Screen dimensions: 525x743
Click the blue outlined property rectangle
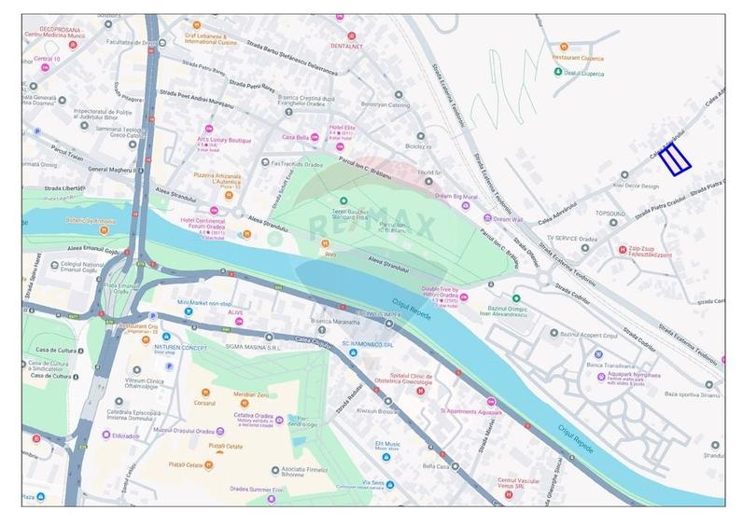point(675,160)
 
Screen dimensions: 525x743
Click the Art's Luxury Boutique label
point(228,140)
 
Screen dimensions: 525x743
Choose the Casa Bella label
point(285,137)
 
